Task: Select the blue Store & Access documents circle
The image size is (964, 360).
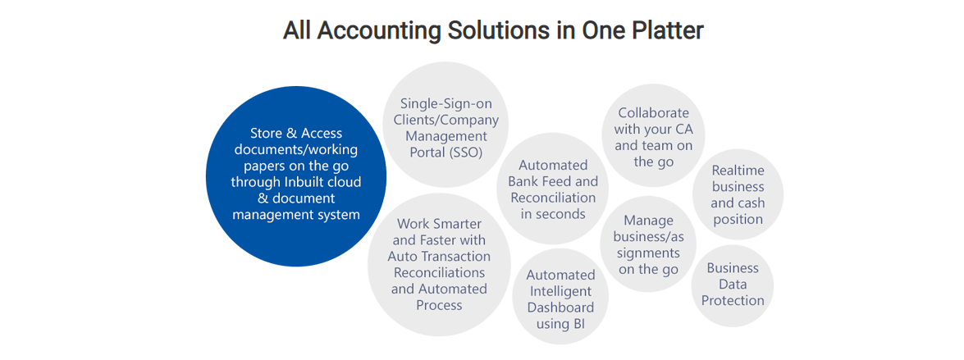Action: click(x=295, y=176)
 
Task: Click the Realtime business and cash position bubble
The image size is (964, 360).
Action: click(x=738, y=194)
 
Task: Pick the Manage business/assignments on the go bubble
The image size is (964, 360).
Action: click(x=649, y=244)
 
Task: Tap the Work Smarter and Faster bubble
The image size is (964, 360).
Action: click(x=439, y=264)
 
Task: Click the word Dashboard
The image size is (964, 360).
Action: click(x=560, y=308)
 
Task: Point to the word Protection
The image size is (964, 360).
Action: click(x=733, y=301)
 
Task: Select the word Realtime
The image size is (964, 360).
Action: click(x=738, y=171)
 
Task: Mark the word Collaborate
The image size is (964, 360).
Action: click(x=654, y=113)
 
